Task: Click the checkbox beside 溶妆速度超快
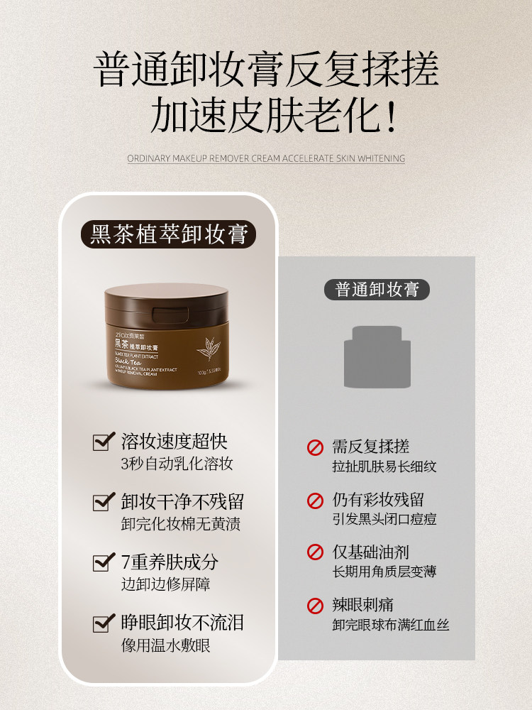click(104, 442)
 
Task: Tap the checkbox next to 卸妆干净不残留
click(104, 503)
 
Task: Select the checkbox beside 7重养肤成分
click(104, 563)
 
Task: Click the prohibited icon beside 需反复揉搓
click(315, 447)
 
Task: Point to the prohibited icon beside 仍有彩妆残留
click(315, 500)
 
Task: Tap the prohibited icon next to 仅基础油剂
click(315, 552)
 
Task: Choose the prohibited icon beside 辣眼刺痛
click(315, 606)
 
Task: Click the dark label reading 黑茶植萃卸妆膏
click(168, 234)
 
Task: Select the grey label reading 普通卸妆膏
click(377, 289)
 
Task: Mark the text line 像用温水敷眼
click(166, 645)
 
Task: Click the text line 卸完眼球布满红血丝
click(391, 626)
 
